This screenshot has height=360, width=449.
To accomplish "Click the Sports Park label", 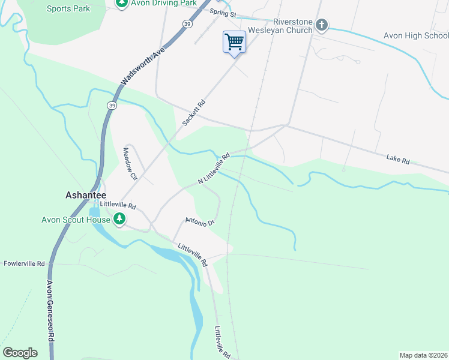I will (68, 8).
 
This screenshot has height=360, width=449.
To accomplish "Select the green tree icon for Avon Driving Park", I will (121, 3).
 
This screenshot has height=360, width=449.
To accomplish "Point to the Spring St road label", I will (223, 13).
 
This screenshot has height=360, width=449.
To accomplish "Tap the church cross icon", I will (322, 25).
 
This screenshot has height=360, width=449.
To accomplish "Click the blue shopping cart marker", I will (234, 42).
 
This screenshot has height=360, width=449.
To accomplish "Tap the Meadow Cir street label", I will (130, 164).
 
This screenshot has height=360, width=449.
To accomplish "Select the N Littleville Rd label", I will (214, 169).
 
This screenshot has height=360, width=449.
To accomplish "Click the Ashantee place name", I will (85, 195).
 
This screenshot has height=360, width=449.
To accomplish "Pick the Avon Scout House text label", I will (76, 220).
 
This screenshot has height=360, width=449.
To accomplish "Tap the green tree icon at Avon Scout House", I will (120, 220).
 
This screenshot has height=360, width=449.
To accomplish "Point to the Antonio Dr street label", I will (200, 221).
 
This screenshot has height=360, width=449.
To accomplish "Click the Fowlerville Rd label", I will (25, 263).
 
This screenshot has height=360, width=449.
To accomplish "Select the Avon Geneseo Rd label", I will (50, 312).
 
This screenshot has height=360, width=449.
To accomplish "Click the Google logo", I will (20, 353).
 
